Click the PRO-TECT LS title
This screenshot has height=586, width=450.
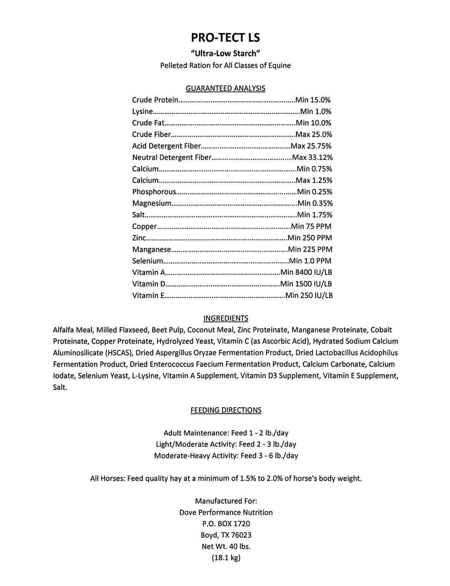coord(225,38)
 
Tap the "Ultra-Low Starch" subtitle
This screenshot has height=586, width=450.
coord(225,53)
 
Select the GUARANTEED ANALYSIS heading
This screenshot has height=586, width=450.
coord(225,88)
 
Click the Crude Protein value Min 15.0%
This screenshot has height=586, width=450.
coord(313,100)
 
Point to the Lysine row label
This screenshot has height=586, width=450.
coord(142,112)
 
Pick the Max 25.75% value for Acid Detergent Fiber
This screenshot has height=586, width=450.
coord(311,146)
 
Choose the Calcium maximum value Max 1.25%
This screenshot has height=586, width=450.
coord(314,180)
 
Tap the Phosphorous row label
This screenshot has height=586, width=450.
coord(154,192)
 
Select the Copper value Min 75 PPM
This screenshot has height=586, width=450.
coord(311,226)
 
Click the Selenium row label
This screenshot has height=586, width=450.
coord(148,261)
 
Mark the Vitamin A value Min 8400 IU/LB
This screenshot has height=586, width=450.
coord(306,272)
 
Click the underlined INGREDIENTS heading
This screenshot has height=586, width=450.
coord(225,318)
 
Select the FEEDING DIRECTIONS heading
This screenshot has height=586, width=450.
coord(226,410)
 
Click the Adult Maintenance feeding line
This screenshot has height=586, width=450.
coord(226,433)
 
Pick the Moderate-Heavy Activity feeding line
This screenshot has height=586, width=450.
coord(226,456)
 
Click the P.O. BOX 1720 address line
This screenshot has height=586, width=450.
coord(226,524)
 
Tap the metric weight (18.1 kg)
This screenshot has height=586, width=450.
coord(226,558)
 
